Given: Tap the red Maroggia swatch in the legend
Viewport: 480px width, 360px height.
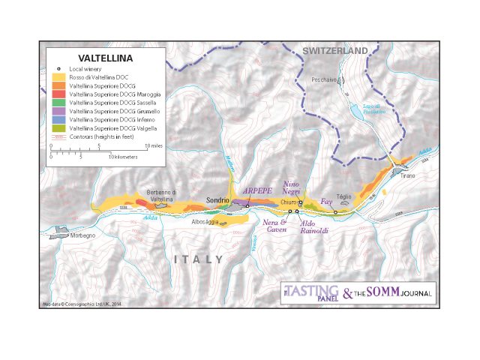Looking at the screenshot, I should click(x=58, y=94).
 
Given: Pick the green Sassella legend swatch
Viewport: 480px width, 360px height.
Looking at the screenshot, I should click(x=58, y=103).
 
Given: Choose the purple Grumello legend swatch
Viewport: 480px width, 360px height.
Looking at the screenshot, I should click(x=58, y=111).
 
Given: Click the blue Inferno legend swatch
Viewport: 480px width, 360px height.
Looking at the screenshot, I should click(x=58, y=119).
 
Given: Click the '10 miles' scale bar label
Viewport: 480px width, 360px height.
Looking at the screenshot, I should click(x=152, y=145).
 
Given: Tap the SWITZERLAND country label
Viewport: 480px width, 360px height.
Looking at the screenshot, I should click(x=335, y=50).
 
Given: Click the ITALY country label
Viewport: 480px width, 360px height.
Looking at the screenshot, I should click(x=199, y=259).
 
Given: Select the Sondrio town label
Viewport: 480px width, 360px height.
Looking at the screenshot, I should click(x=217, y=201).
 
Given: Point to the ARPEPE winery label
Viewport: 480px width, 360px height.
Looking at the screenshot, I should click(x=257, y=190).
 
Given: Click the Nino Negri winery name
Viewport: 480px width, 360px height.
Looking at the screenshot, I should click(x=295, y=187).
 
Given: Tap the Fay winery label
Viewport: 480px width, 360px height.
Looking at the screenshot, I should click(x=326, y=202).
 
